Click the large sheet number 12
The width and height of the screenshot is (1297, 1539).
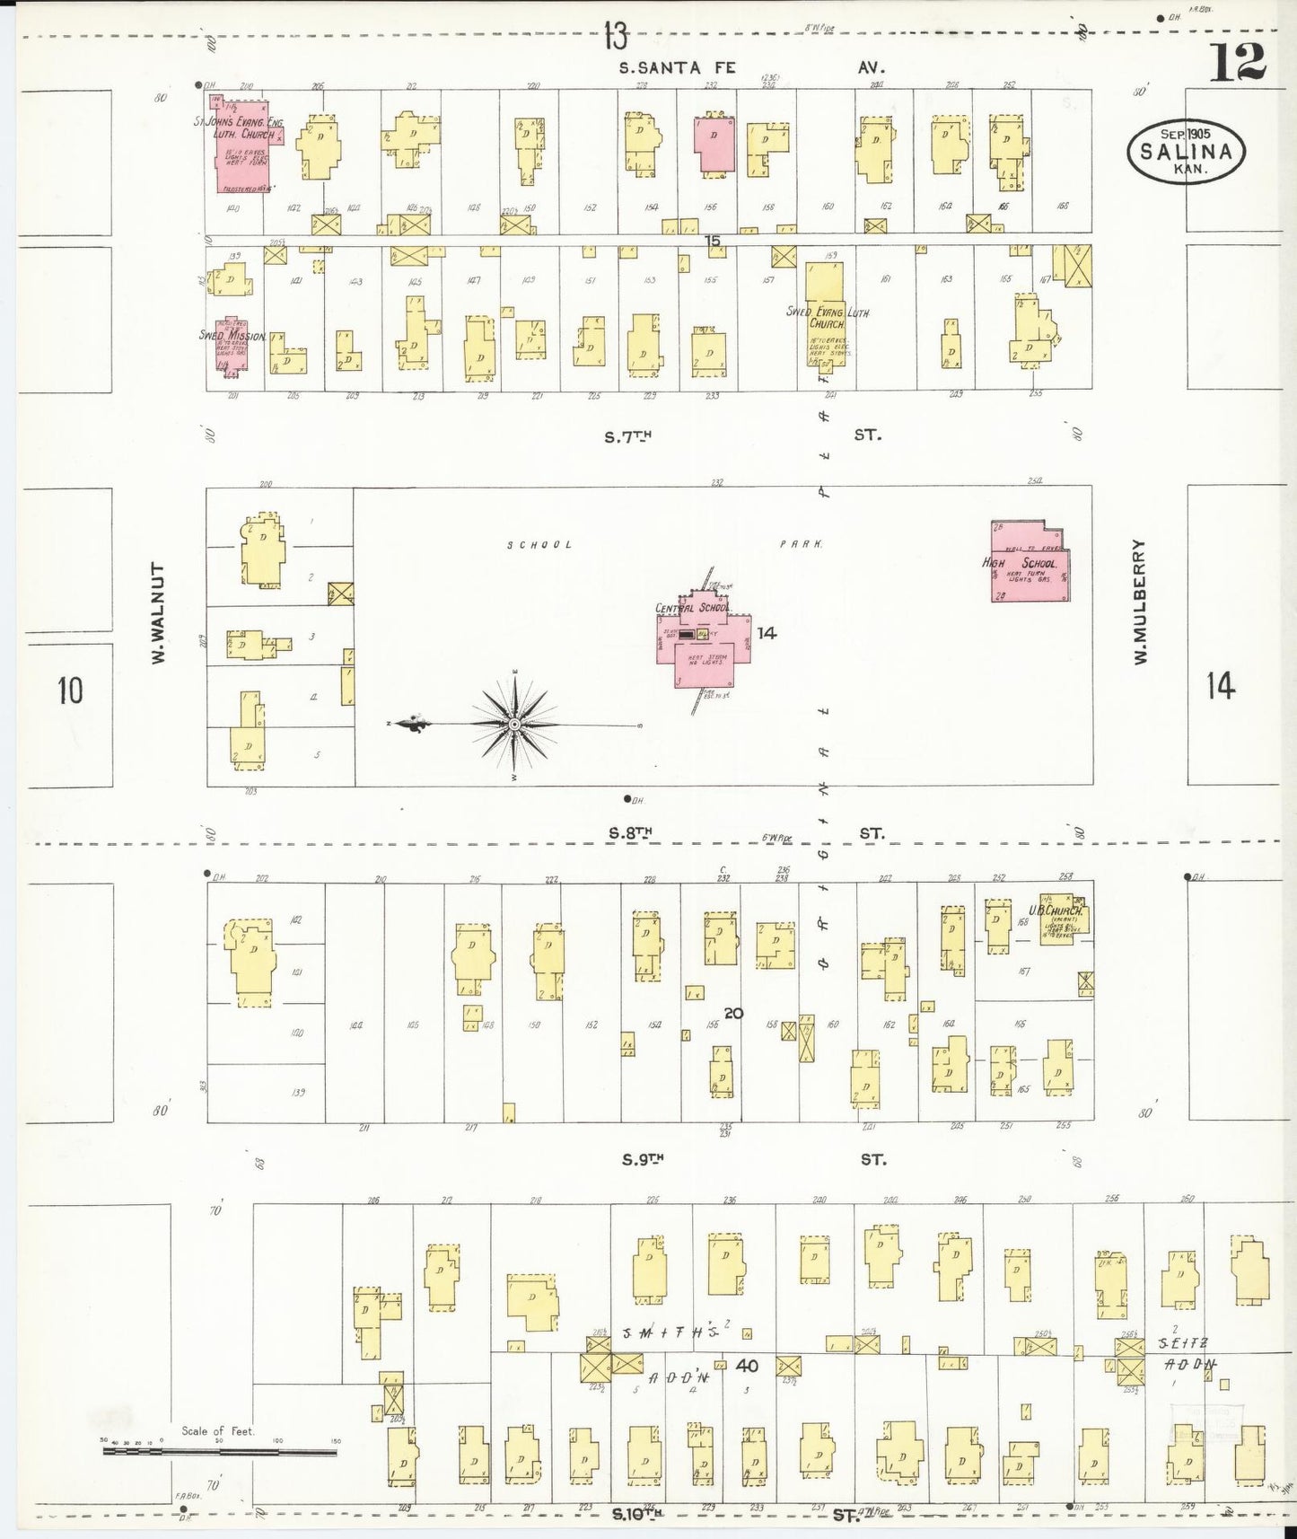(x=1240, y=61)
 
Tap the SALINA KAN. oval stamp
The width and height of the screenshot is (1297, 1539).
(x=1186, y=151)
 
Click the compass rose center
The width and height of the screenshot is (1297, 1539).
(x=514, y=724)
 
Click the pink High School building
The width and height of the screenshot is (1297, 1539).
(x=1030, y=562)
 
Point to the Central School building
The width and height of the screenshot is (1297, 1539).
(x=711, y=638)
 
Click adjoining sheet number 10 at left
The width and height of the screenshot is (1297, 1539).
(x=69, y=690)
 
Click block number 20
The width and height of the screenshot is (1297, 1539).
(x=732, y=1013)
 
